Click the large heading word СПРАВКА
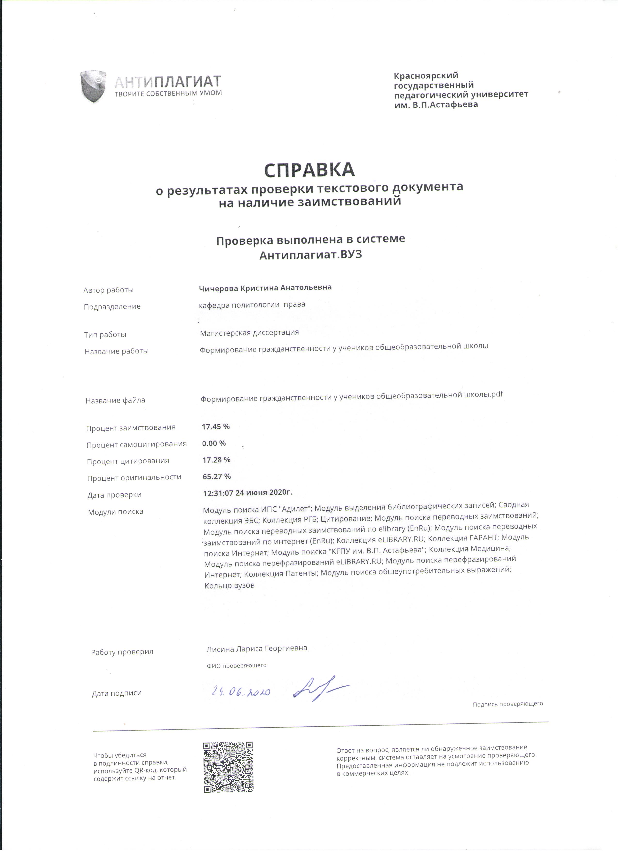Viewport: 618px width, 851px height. pos(309,170)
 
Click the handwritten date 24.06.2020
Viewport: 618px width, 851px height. pos(241,691)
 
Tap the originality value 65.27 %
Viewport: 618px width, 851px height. pos(216,476)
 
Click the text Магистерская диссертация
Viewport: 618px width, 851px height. pos(249,332)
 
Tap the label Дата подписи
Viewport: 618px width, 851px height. pos(117,693)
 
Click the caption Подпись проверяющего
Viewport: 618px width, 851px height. pos(507,704)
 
